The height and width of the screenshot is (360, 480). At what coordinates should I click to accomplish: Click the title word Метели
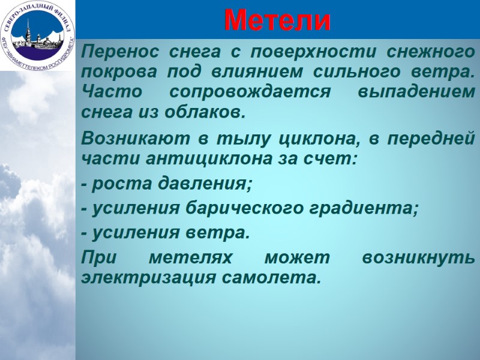(277, 22)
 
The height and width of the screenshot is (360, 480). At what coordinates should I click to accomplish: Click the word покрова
(114, 73)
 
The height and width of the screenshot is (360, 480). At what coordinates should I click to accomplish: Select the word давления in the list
(200, 184)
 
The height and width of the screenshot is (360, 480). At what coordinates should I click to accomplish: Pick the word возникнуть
(418, 258)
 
